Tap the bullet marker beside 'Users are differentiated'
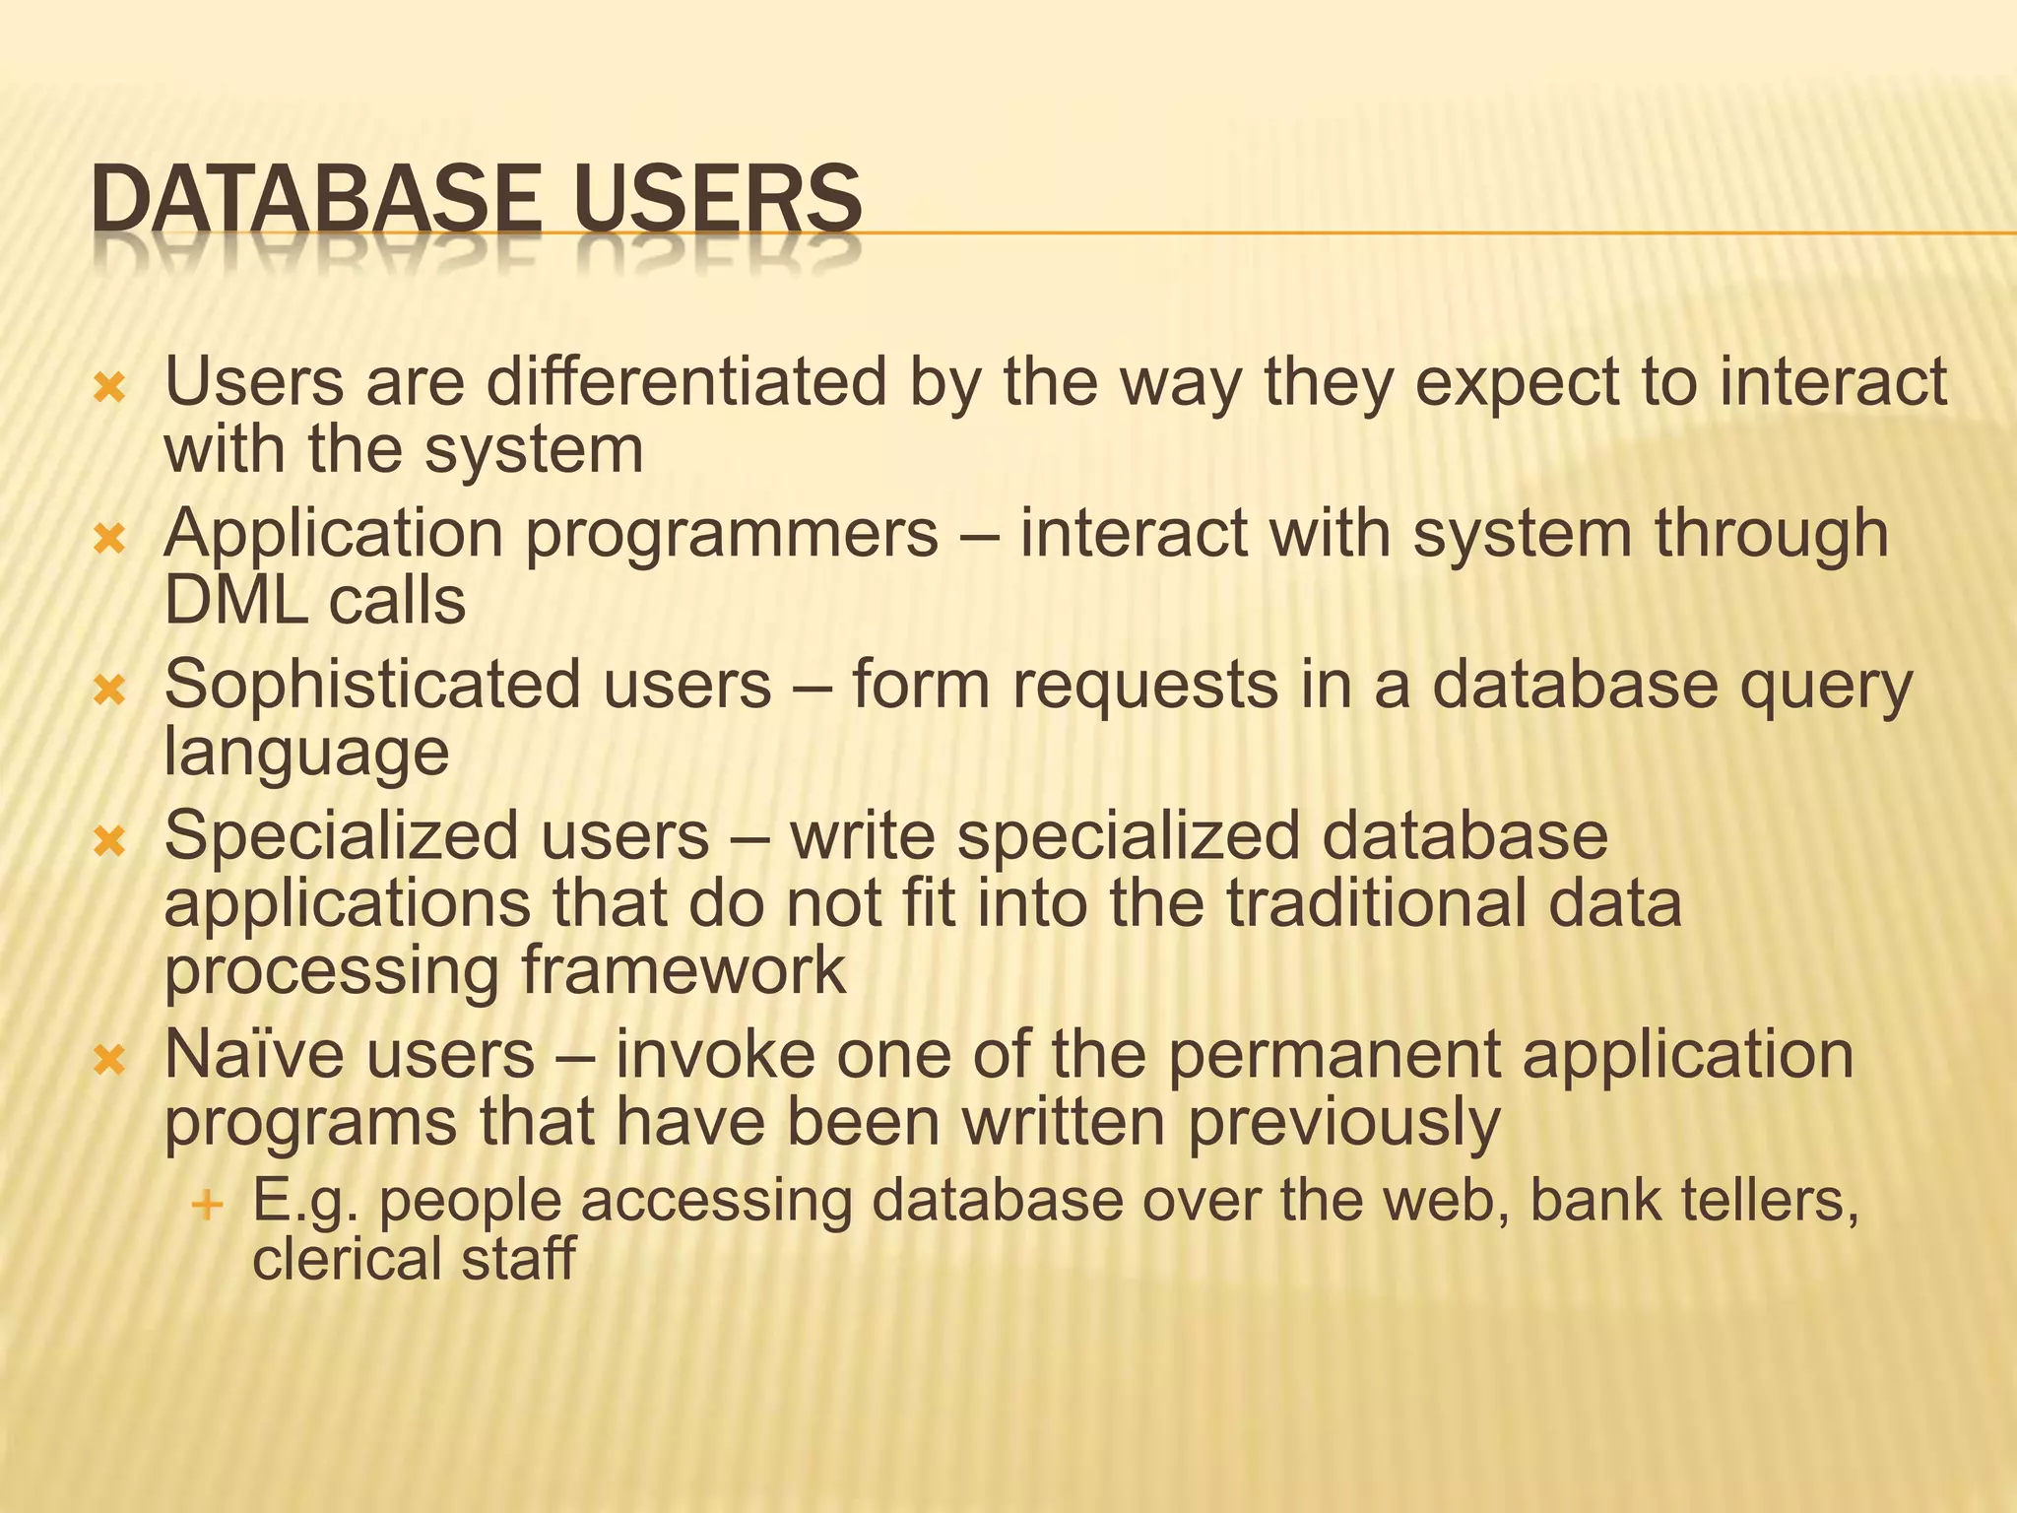109,388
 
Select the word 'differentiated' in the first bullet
686,382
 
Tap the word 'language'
306,755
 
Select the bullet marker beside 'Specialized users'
109,841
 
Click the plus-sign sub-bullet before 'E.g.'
207,1204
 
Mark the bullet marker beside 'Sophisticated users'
109,691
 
